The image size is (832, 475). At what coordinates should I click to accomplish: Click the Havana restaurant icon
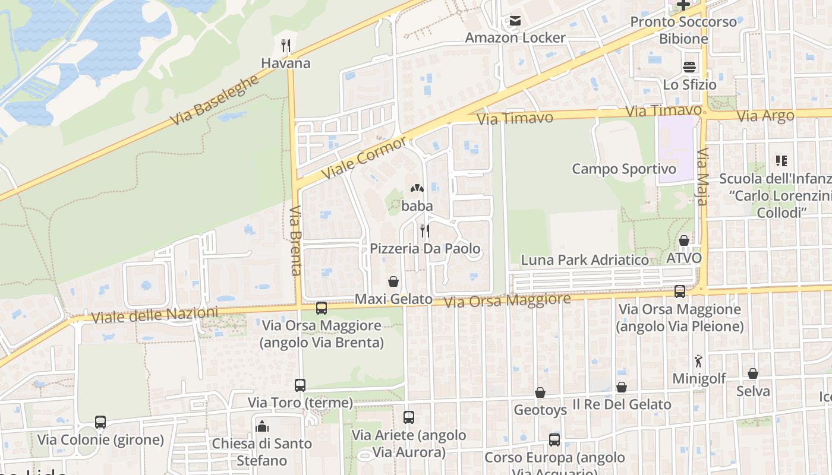point(286,46)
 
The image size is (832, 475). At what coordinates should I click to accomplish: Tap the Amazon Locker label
point(515,38)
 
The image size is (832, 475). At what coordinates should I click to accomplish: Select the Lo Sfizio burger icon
point(689,66)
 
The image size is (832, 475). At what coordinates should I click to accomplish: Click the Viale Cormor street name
point(364,158)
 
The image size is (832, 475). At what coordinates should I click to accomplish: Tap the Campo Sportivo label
point(623,169)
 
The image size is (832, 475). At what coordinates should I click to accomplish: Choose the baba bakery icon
point(417,188)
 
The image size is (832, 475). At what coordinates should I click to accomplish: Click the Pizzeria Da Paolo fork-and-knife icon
point(425,230)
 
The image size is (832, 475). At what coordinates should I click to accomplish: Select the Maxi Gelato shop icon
point(393,281)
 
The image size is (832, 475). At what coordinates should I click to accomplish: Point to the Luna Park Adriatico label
point(585,260)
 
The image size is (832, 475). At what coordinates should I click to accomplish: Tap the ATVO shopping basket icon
point(684,240)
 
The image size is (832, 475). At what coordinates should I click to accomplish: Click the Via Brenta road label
point(296,240)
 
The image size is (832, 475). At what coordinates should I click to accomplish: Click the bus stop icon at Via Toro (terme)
point(300,385)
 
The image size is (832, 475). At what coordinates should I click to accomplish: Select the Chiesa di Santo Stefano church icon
point(262,426)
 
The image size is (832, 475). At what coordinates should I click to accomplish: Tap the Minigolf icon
point(698,360)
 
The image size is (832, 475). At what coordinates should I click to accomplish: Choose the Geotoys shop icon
point(540,392)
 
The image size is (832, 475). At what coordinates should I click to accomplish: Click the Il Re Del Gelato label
point(622,405)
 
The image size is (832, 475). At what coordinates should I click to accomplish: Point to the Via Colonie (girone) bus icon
point(100,422)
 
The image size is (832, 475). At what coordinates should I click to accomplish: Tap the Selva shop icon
point(753,373)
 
